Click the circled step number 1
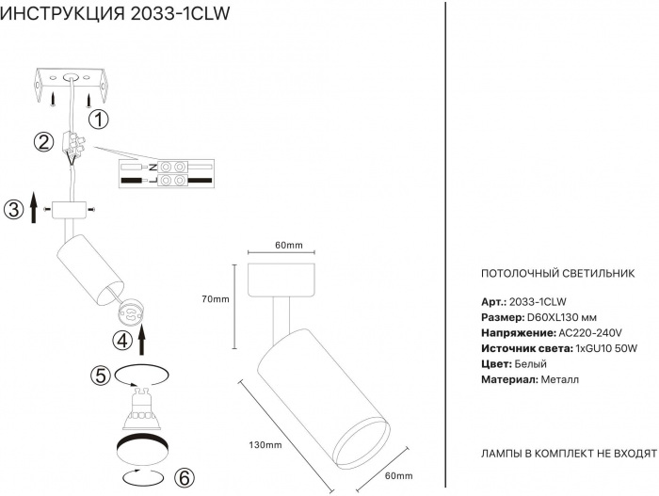[100, 120]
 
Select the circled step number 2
[42, 143]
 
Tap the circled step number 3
[12, 208]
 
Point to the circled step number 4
[122, 340]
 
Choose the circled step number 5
[101, 375]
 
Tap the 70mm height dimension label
[216, 299]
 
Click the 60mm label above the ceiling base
[288, 246]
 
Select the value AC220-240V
[590, 332]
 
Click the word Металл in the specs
[560, 379]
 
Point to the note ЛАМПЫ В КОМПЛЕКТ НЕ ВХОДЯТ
[568, 453]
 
